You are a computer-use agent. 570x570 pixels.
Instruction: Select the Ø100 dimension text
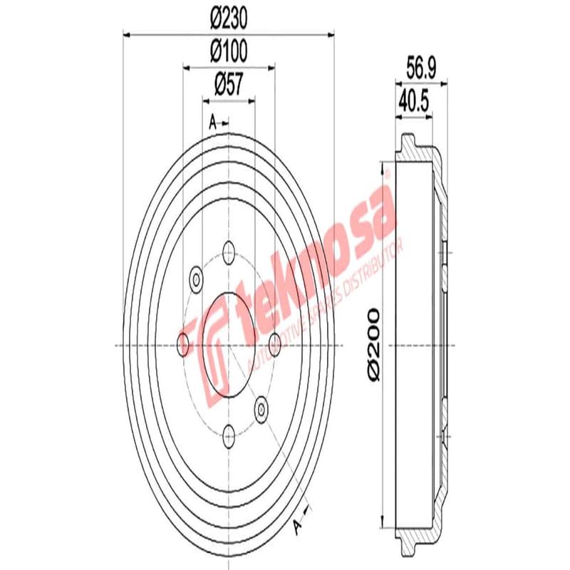[228, 51]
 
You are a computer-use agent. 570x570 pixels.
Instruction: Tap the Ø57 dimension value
[229, 85]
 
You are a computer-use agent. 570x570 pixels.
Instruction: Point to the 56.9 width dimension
[421, 67]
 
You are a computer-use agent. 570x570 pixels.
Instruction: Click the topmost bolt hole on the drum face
[229, 251]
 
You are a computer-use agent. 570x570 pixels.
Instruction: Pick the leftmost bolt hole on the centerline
[183, 343]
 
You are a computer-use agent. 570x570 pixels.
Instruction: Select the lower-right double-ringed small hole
[261, 409]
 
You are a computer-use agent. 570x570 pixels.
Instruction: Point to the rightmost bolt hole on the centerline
[274, 343]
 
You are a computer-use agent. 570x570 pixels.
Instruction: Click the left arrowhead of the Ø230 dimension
[128, 33]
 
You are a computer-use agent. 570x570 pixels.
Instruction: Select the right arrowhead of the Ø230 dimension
[330, 33]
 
